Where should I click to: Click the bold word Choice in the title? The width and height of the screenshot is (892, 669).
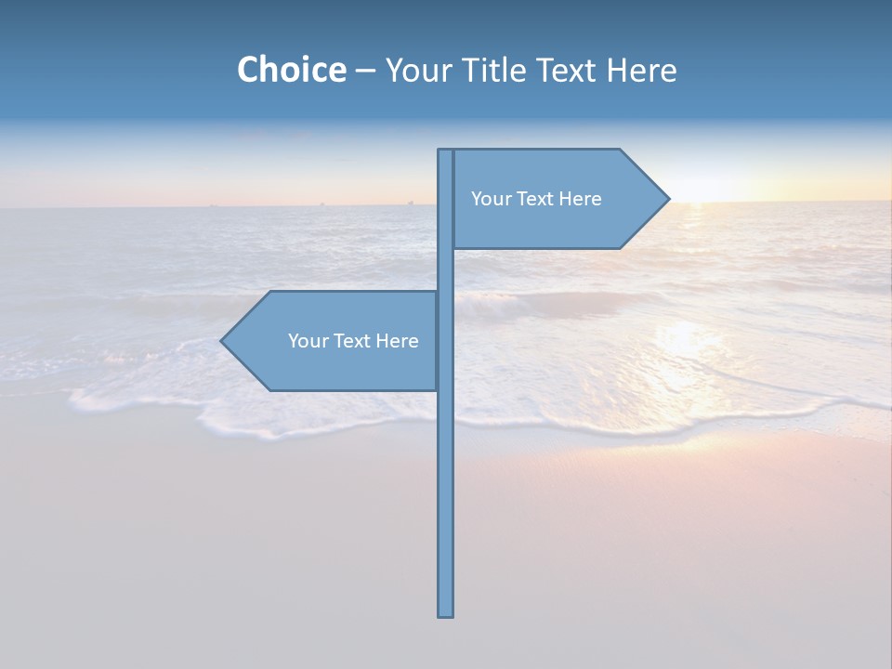(291, 70)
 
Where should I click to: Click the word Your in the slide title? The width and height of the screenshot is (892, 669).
(421, 70)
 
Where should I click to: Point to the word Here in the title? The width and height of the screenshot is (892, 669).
(641, 70)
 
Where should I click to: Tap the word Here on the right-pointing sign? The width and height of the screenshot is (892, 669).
(580, 199)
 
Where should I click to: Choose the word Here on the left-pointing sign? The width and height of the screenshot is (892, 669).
(397, 341)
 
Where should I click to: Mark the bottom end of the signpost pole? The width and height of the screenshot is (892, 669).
(446, 614)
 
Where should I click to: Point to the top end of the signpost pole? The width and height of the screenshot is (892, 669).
(446, 151)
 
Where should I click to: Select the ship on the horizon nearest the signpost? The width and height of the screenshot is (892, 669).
(409, 202)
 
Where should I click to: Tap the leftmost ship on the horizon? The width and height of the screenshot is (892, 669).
(213, 204)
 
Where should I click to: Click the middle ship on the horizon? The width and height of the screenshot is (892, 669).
(321, 203)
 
